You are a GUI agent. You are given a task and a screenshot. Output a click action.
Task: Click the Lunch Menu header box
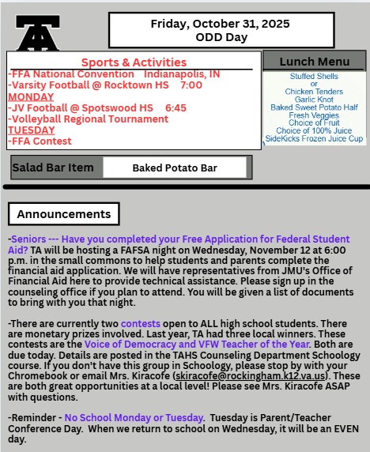click(315, 62)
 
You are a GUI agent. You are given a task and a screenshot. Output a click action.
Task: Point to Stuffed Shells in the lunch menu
click(314, 77)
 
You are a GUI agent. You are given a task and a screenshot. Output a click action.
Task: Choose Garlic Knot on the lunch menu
click(314, 100)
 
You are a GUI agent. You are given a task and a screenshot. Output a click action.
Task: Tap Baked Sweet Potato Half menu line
click(314, 107)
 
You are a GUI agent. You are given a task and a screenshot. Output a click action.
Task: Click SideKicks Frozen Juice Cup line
click(314, 138)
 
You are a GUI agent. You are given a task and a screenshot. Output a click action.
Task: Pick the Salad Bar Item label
click(54, 168)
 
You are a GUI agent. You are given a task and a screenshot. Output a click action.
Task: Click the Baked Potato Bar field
click(175, 168)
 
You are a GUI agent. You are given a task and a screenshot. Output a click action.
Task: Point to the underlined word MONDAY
click(31, 96)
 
